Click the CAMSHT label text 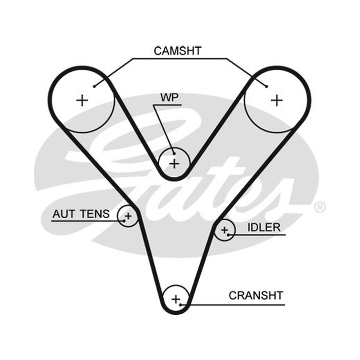coord(177,51)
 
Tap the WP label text coord(170,98)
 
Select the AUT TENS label coord(81,214)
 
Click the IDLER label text coord(264,228)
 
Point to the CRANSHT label coord(256,296)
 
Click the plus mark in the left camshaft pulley coord(82,100)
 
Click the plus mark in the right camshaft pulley coord(277,100)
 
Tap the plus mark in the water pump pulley coord(174,164)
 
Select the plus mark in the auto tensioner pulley coord(128,216)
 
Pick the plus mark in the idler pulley coord(224,230)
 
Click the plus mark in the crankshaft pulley coord(176,299)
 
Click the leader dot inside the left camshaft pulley coord(94,86)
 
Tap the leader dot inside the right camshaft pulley coord(266,86)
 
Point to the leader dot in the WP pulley coord(174,153)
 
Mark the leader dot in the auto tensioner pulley coord(124,221)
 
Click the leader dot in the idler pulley coord(229,234)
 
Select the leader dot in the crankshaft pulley coord(181,305)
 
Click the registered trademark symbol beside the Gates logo coord(320,207)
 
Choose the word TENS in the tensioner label coord(95,214)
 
